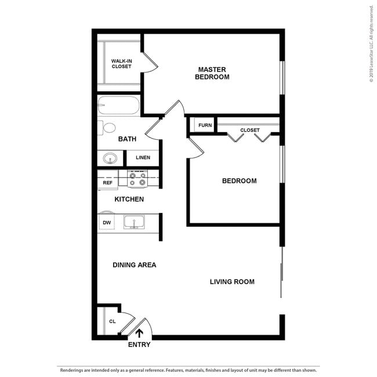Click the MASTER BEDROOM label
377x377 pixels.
pyautogui.click(x=212, y=73)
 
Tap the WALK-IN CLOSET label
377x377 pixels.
pyautogui.click(x=121, y=63)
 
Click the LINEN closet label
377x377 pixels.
pyautogui.click(x=143, y=157)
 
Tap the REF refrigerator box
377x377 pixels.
pyautogui.click(x=107, y=183)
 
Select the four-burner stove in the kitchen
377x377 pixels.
pyautogui.click(x=137, y=179)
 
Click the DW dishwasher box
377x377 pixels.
pyautogui.click(x=107, y=222)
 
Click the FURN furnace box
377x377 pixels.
pyautogui.click(x=205, y=125)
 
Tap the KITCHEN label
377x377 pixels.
pyautogui.click(x=129, y=199)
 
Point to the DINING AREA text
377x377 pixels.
pyautogui.click(x=134, y=264)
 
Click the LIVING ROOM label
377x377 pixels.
pyautogui.click(x=232, y=282)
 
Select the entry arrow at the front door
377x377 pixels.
pyautogui.click(x=139, y=332)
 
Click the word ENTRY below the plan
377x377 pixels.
pyautogui.click(x=139, y=345)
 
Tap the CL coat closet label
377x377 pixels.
pyautogui.click(x=112, y=321)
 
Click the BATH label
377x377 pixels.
pyautogui.click(x=127, y=139)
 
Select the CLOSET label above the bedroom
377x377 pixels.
pyautogui.click(x=249, y=130)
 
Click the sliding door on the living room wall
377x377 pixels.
pyautogui.click(x=282, y=273)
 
